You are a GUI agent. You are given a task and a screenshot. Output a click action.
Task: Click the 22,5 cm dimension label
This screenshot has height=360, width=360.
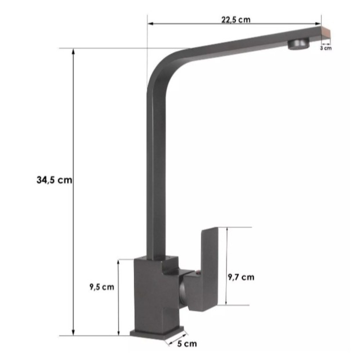[x=236, y=19]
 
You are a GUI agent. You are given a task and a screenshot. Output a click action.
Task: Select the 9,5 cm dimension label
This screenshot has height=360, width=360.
[x=102, y=287]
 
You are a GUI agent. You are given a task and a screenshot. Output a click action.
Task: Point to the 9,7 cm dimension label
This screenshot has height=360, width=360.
[x=241, y=277]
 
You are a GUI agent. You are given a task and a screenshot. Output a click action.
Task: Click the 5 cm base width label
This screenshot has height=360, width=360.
[x=187, y=344]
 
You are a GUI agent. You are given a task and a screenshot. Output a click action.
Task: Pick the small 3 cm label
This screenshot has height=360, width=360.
[x=326, y=48]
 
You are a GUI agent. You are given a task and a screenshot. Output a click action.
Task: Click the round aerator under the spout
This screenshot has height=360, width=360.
[x=298, y=44]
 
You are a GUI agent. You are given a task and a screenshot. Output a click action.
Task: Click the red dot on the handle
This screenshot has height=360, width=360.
[x=198, y=273]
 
